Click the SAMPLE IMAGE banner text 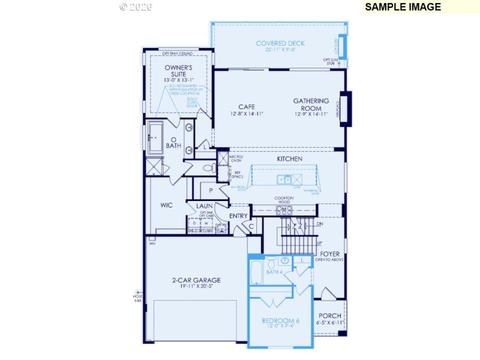tap(403, 7)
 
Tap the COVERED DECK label tap(280, 43)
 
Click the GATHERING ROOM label tap(311, 104)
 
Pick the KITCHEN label tap(289, 159)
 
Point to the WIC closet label tap(167, 205)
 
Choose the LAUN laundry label tap(205, 206)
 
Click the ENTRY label tap(238, 216)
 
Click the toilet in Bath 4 tap(271, 262)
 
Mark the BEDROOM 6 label tap(280, 321)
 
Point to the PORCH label tap(329, 316)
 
